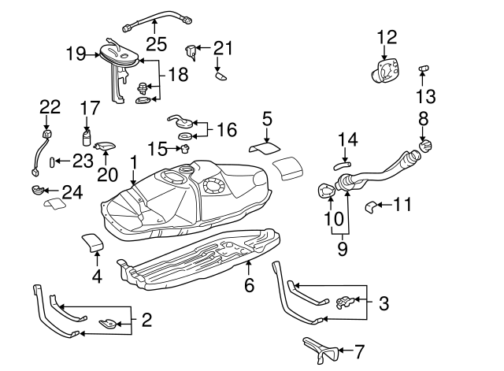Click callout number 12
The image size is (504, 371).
tap(387, 37)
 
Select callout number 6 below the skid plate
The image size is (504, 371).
tap(249, 284)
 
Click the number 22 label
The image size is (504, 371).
tap(50, 106)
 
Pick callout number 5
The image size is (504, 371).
tap(268, 119)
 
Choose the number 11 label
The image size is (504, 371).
tap(402, 206)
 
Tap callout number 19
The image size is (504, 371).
tap(76, 54)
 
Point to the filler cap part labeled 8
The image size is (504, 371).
tap(426, 146)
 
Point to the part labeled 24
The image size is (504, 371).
tap(35, 190)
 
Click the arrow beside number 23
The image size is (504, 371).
tap(60, 161)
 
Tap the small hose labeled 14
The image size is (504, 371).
tap(343, 165)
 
